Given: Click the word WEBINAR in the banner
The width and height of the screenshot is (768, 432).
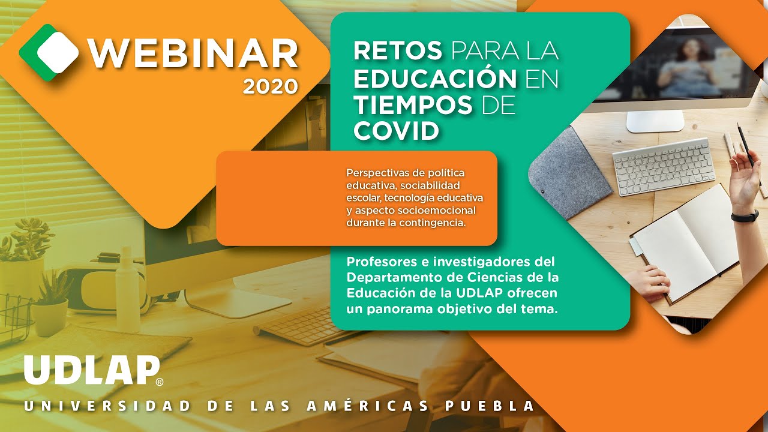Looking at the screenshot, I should click(193, 55).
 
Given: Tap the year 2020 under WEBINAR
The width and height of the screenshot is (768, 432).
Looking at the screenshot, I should click(271, 87).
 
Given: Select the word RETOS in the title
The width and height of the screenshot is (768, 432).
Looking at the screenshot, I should click(398, 51).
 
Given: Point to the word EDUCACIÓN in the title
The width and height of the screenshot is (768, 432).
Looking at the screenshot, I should click(435, 78).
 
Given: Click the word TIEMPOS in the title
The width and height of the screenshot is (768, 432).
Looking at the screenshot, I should click(413, 104).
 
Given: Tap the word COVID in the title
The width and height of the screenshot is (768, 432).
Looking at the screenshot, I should click(396, 130).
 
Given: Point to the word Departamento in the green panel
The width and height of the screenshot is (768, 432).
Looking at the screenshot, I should click(392, 278).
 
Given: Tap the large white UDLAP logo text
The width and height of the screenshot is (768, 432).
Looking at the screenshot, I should click(92, 370).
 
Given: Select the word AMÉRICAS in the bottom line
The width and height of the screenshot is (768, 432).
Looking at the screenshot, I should click(368, 406).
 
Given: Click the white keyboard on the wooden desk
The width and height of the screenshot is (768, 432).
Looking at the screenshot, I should click(664, 166).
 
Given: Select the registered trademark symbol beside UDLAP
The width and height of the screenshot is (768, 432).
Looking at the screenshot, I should click(159, 382).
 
